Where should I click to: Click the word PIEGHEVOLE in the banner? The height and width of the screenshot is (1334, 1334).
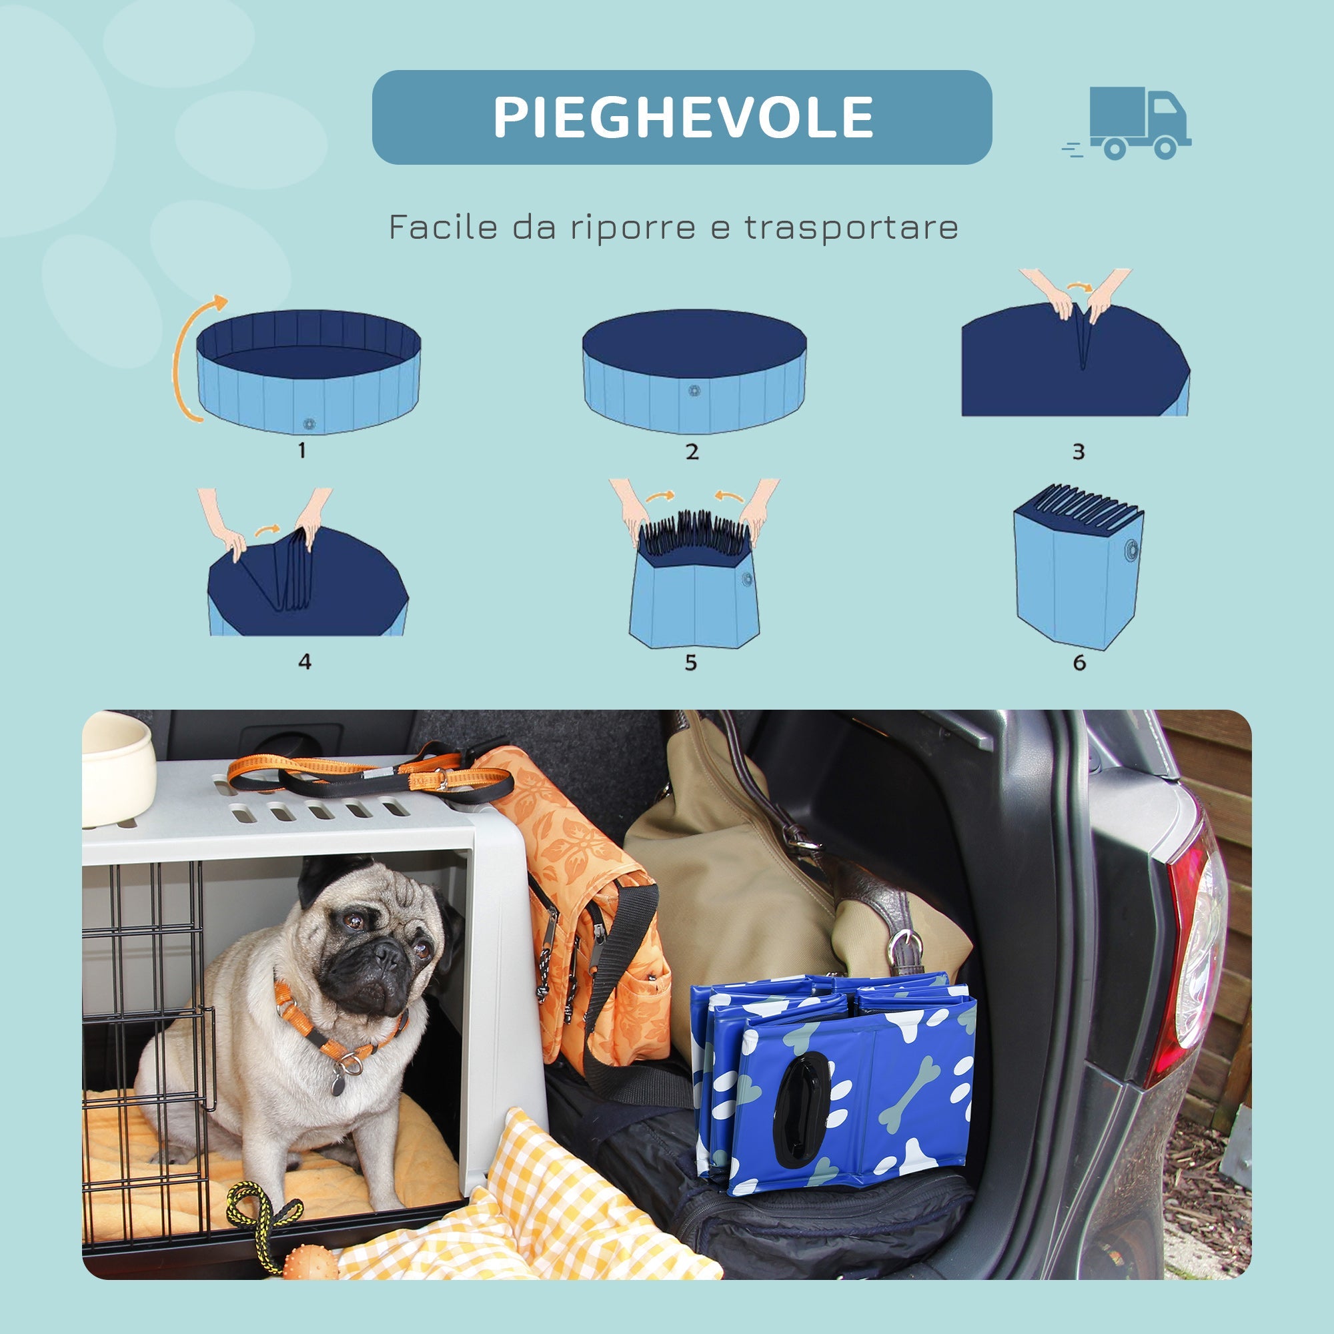coord(682,117)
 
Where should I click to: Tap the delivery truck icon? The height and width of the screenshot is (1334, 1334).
coord(1133,123)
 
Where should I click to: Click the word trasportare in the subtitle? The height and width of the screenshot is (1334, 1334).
coord(850,227)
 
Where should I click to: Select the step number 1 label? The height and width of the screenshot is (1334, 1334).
coord(301,451)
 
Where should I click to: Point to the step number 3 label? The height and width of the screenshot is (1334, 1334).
coord(1079,452)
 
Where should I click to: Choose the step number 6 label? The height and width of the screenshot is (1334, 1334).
coord(1079,663)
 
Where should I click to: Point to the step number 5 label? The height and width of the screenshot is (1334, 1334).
coord(690,663)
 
